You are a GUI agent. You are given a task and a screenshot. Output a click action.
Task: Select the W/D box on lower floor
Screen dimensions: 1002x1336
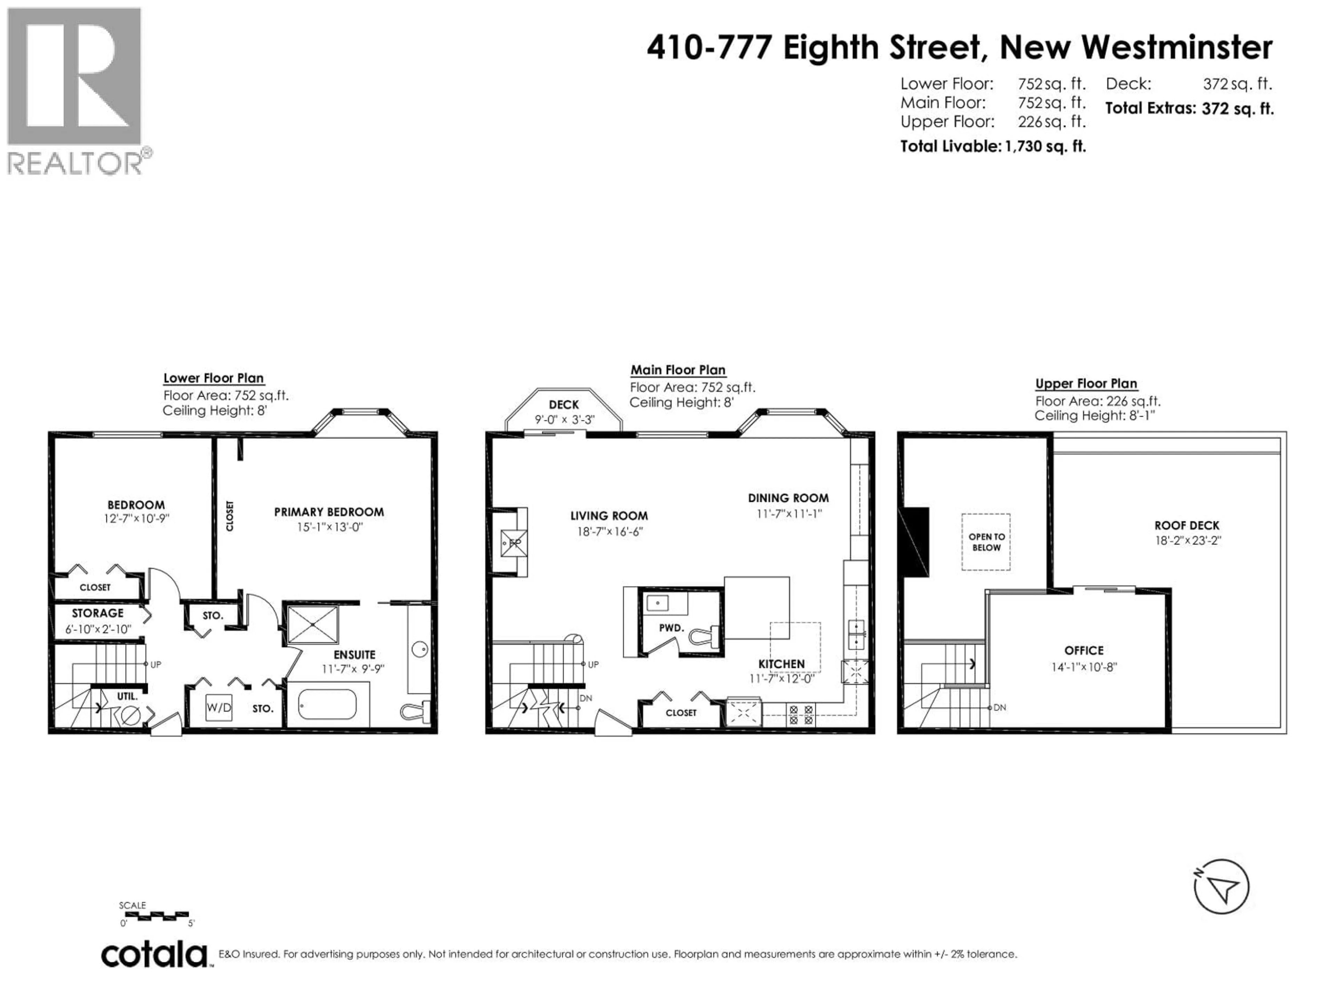click(x=218, y=707)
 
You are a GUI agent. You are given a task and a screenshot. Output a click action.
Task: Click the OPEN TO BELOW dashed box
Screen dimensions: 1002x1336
click(x=986, y=542)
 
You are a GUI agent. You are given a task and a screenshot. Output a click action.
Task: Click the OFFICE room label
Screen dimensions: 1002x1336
click(x=1084, y=651)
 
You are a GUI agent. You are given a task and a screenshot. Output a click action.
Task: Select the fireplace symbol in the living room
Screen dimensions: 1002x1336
click(x=514, y=543)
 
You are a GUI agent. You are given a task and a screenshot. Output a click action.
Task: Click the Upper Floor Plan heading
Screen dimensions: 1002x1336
click(x=1086, y=383)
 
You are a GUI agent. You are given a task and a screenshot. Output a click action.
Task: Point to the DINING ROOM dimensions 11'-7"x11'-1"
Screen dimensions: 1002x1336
click(x=789, y=514)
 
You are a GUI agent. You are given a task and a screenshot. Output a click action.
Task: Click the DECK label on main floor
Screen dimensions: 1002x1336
click(x=564, y=405)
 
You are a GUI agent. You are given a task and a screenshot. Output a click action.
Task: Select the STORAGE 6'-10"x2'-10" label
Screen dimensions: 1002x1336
click(x=98, y=621)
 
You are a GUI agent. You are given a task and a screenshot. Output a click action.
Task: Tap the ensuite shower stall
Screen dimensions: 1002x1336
click(x=313, y=625)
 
